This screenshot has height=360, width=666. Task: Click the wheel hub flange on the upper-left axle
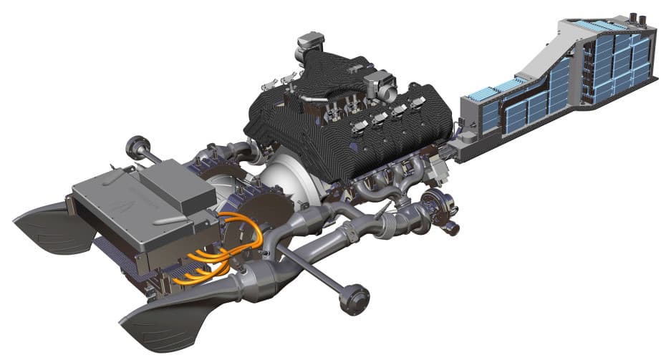(134, 147)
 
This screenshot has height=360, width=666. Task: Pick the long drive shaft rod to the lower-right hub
(315, 268)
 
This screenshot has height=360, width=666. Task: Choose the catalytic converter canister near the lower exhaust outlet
(258, 279)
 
